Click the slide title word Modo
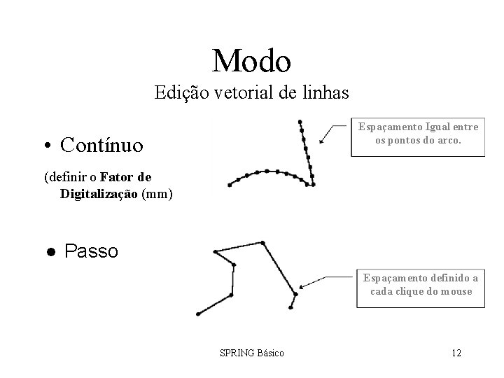point(251,61)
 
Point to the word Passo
point(91,251)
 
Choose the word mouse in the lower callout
point(455,292)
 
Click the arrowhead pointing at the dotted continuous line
point(321,142)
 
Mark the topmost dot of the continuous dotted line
point(300,121)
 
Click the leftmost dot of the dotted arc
point(230,185)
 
